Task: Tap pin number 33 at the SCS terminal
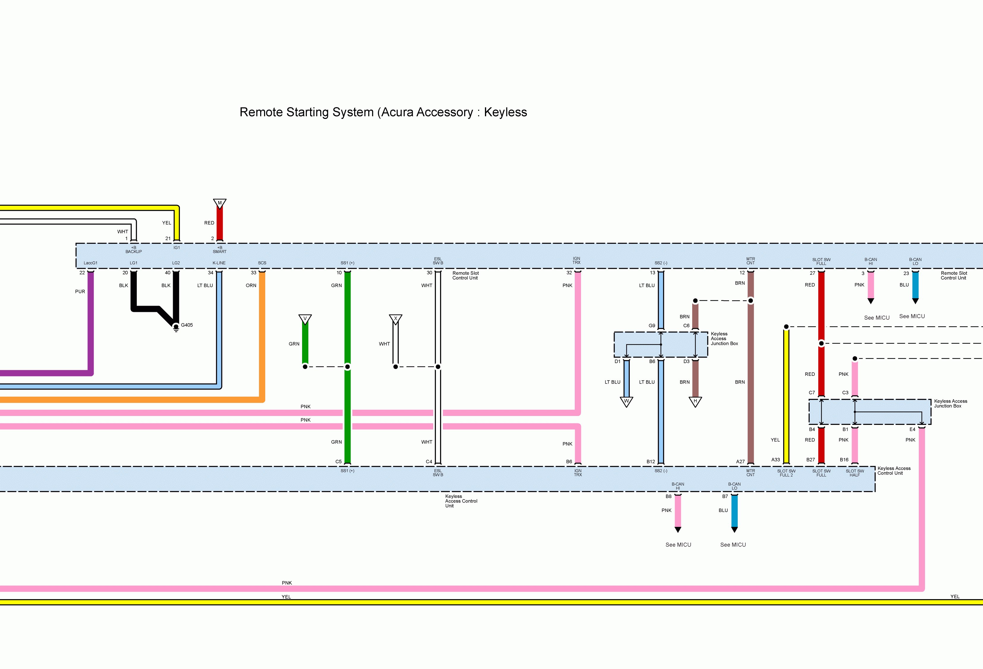coord(253,273)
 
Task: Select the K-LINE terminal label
coord(219,263)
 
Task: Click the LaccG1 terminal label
coord(90,263)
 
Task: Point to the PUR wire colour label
coord(80,291)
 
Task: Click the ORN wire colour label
coord(251,285)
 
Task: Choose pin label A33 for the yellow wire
coord(775,460)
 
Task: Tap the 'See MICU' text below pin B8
coord(678,545)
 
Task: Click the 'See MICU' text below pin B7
coord(733,545)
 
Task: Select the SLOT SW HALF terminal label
coord(855,473)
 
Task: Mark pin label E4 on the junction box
coord(912,429)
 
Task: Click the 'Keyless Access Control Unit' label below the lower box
coord(461,501)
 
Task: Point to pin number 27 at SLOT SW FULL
coord(812,273)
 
